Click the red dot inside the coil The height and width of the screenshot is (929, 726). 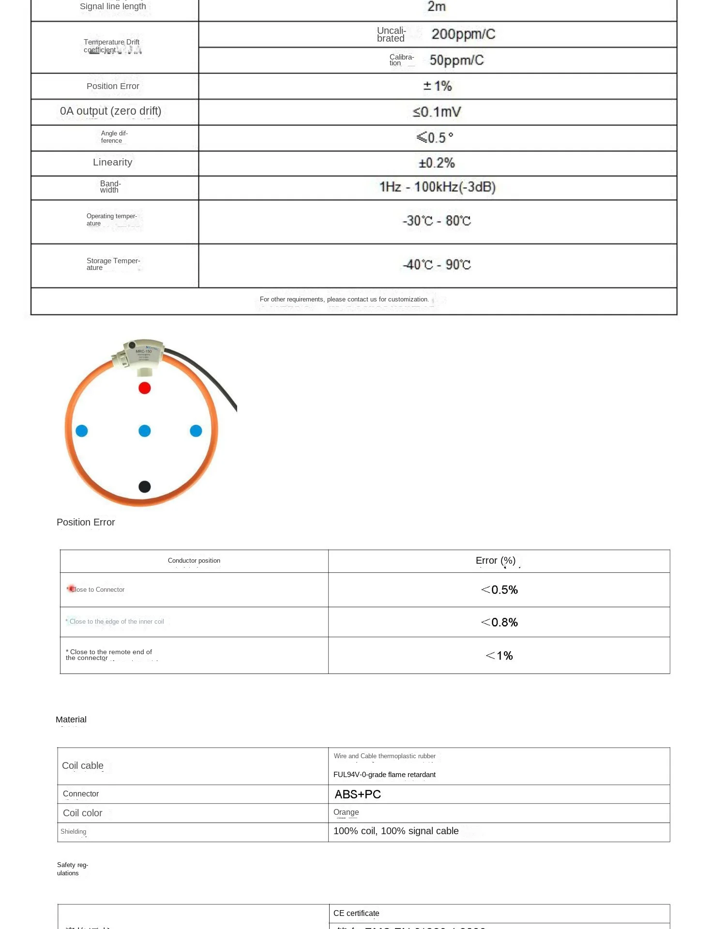[x=144, y=388]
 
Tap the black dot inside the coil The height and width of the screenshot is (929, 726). [x=144, y=487]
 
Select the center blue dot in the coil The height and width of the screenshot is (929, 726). [x=144, y=431]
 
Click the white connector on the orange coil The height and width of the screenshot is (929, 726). [x=140, y=356]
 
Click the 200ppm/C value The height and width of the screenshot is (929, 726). [x=463, y=34]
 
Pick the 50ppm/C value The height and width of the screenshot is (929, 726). [x=456, y=60]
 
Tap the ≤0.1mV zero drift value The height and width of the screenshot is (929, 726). [x=437, y=112]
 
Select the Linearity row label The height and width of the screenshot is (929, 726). [x=112, y=163]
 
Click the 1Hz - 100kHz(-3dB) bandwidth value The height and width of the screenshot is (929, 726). [x=437, y=187]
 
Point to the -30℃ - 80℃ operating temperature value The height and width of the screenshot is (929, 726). [x=437, y=221]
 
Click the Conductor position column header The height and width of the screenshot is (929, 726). [x=194, y=561]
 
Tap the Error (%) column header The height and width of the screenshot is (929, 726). [x=495, y=561]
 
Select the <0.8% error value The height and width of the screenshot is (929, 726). [x=499, y=622]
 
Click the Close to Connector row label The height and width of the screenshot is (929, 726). [x=97, y=590]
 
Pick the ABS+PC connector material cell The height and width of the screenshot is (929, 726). [x=358, y=794]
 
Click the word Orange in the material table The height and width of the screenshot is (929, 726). [x=346, y=812]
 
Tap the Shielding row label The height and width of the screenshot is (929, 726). [x=74, y=832]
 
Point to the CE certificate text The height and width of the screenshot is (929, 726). [x=356, y=914]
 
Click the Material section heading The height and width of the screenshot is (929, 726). [x=71, y=720]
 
